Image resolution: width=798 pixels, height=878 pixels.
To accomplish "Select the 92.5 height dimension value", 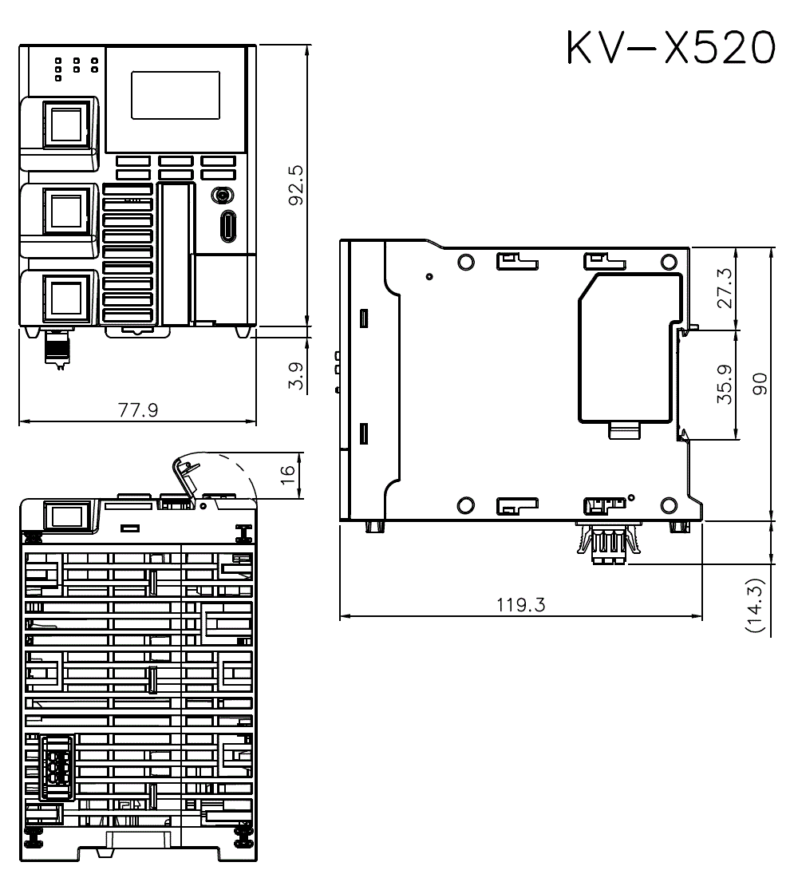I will [x=294, y=185].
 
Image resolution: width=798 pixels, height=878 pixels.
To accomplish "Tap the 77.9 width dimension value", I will [x=137, y=410].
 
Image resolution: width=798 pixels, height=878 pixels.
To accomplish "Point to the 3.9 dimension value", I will [x=295, y=374].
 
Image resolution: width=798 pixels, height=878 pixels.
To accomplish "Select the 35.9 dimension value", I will [x=724, y=384].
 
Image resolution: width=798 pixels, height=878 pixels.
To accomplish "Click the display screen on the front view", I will [x=176, y=95].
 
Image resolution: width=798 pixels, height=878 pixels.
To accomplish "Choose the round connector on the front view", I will [x=222, y=196].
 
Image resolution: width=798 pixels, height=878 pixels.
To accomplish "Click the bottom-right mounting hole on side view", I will [x=669, y=504].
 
